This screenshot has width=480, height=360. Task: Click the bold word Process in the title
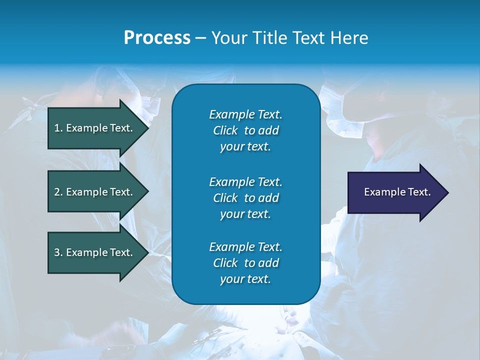(157, 38)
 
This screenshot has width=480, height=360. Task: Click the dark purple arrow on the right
(395, 192)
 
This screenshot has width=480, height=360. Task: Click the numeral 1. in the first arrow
(58, 128)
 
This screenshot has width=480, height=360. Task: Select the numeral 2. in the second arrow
(58, 192)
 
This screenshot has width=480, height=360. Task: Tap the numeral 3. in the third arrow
(58, 252)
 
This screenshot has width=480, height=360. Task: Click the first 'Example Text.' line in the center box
(245, 114)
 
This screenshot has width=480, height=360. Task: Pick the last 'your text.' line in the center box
(245, 279)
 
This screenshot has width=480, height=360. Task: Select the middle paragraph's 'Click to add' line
(245, 198)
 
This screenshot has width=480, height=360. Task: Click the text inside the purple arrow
(397, 192)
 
